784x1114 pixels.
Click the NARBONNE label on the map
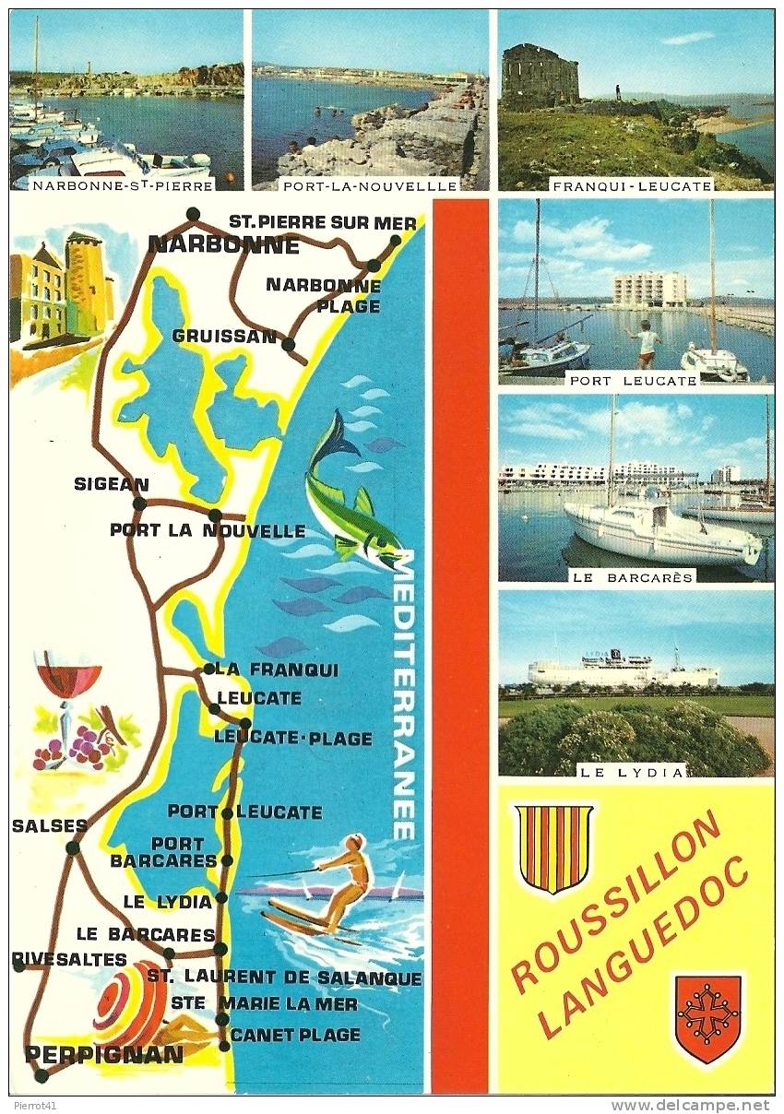pyautogui.click(x=223, y=245)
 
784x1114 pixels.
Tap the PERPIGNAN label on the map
pyautogui.click(x=104, y=1054)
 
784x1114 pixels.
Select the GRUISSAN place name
pyautogui.click(x=224, y=337)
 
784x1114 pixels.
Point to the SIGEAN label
pyautogui.click(x=111, y=484)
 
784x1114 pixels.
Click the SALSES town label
pyautogui.click(x=49, y=826)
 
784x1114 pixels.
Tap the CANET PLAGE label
pyautogui.click(x=295, y=1035)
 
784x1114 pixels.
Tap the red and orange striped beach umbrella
pyautogui.click(x=129, y=1005)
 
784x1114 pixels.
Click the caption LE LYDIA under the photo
pyautogui.click(x=636, y=771)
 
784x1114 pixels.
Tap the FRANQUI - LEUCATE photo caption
pyautogui.click(x=632, y=185)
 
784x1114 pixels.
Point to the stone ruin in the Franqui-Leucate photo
pyautogui.click(x=540, y=76)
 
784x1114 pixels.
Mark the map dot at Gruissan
pyautogui.click(x=288, y=345)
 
